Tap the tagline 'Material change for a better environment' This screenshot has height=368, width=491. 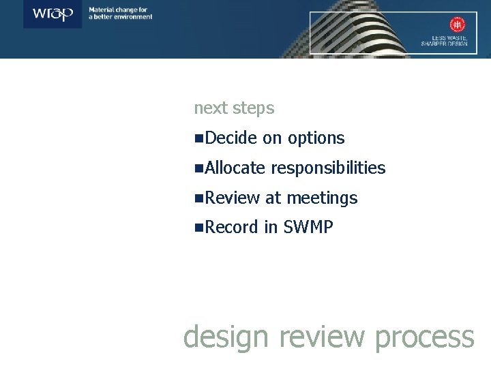coord(121,13)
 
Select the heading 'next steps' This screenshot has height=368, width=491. coord(234,108)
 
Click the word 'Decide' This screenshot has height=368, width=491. coord(230,138)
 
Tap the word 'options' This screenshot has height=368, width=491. coord(316,138)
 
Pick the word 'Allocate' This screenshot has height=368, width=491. coord(235,168)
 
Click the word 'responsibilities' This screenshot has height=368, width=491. coord(328,168)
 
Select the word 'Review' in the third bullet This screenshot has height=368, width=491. coord(232,198)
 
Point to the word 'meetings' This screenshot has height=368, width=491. coord(322,198)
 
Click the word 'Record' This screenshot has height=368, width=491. coord(231,228)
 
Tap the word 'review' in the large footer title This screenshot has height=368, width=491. coord(314,337)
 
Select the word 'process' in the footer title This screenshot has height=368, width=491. coord(424,337)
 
